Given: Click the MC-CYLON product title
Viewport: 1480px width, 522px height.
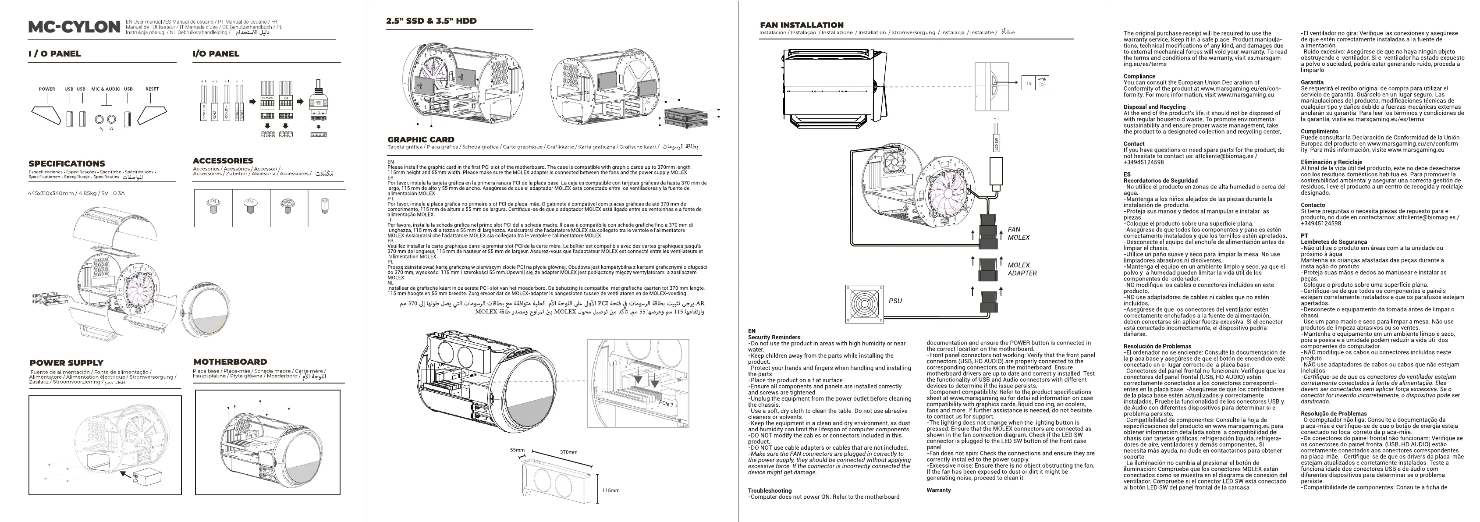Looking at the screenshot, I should (74, 27).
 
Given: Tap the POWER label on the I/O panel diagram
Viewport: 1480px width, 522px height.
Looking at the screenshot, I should (47, 89).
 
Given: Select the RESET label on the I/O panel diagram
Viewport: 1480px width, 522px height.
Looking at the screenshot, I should (152, 89).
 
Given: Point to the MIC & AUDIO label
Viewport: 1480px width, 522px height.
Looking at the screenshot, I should (106, 89).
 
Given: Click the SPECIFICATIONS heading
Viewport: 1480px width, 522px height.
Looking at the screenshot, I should (67, 163).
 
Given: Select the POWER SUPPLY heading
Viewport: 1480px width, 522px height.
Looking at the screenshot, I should (67, 363).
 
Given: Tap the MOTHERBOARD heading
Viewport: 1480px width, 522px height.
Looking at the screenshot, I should (230, 362).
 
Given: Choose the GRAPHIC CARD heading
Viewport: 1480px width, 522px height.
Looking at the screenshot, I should (421, 139).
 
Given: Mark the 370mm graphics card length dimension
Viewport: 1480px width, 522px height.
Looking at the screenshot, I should (568, 452).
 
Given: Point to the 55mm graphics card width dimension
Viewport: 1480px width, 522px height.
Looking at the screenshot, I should (517, 450).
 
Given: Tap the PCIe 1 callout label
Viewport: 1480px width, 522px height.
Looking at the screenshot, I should (666, 404).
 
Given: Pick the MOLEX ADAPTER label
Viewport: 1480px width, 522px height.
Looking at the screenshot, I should (1022, 269).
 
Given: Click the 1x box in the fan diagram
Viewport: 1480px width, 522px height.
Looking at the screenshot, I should (1029, 84).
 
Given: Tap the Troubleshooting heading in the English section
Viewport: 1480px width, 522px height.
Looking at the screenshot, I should (769, 491).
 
